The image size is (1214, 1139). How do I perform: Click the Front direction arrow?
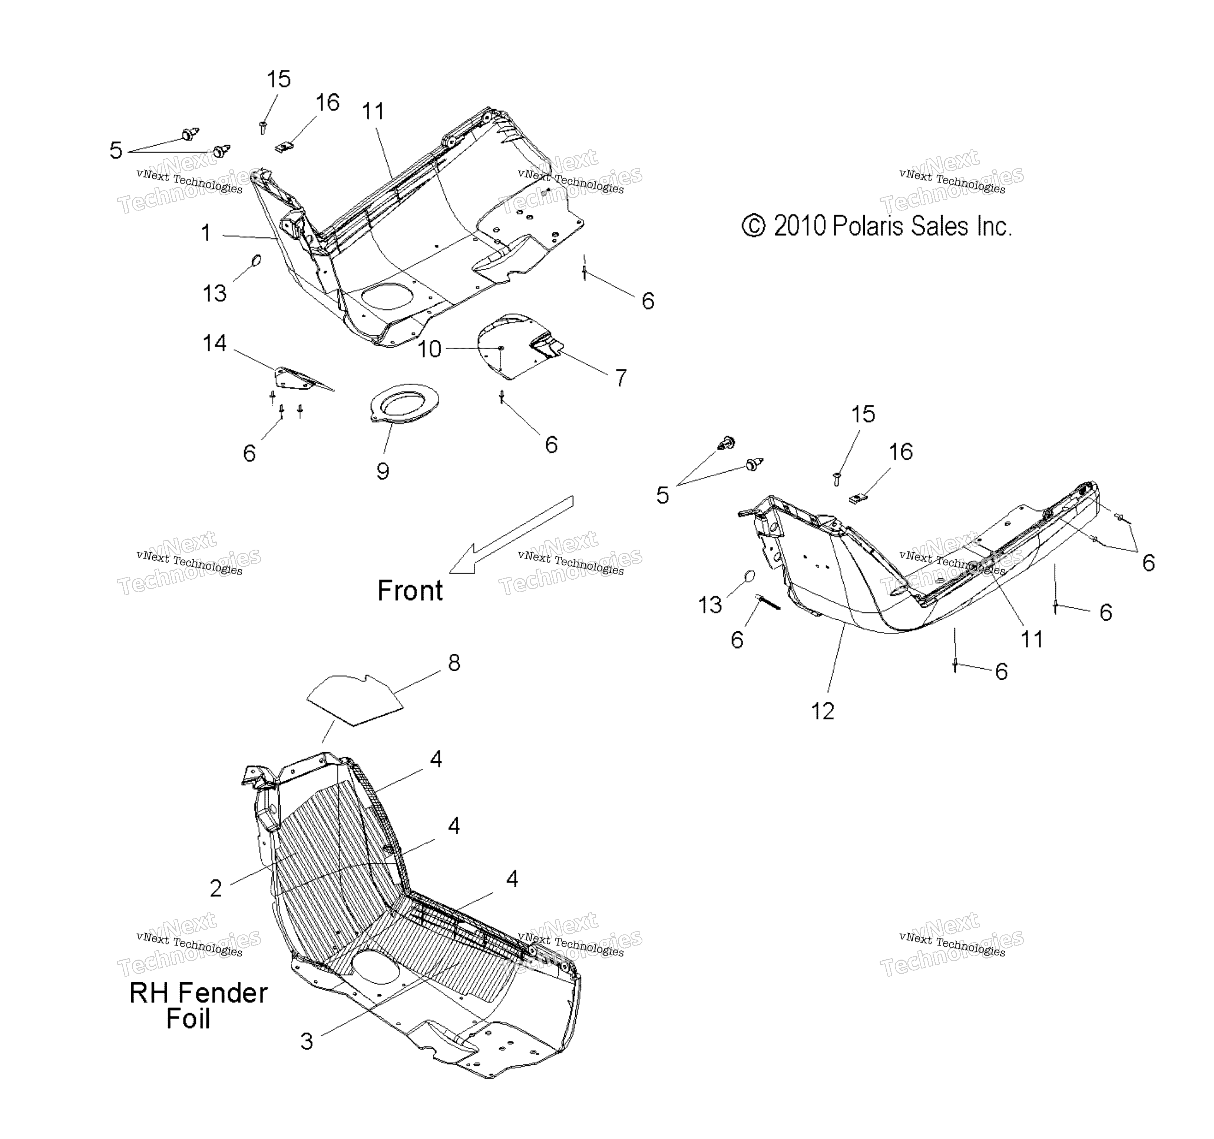coord(512,534)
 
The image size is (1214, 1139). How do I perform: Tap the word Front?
coord(410,590)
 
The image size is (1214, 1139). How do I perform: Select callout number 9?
coord(383,471)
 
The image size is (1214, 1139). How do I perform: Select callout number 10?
coord(429,349)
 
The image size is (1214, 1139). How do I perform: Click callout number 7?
coord(621,378)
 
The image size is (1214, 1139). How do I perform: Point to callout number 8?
coord(454,663)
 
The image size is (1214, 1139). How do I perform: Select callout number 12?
coord(823,711)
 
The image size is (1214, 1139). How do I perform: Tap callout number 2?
coord(216,888)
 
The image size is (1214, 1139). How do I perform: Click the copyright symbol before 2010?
coord(754,226)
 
